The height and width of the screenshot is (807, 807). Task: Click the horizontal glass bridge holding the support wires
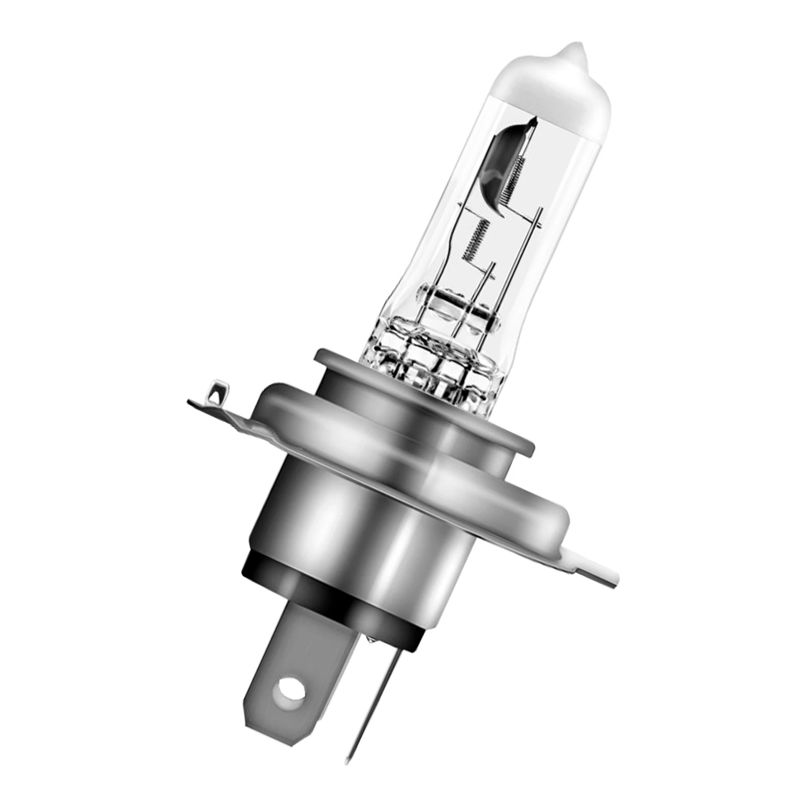tap(457, 301)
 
